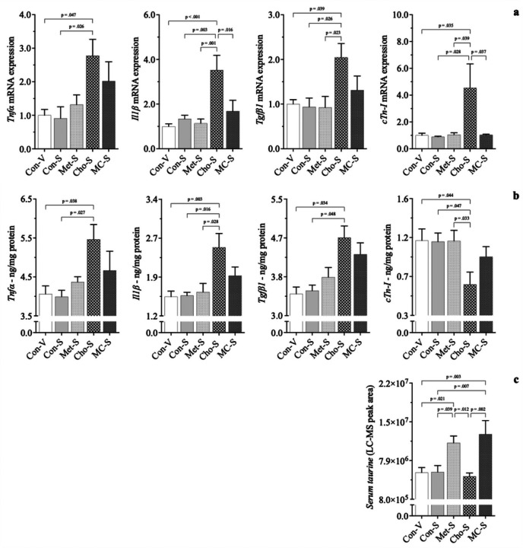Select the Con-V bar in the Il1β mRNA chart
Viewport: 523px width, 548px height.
click(169, 137)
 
